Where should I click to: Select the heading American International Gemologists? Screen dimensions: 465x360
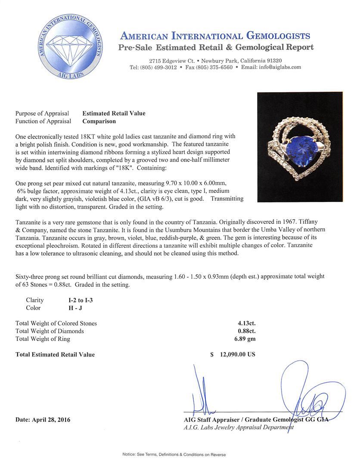tap(215, 36)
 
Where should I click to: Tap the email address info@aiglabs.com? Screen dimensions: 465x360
tap(277, 68)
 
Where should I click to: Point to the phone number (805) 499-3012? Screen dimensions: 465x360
tap(153, 68)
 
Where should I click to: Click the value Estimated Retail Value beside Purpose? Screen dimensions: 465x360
tap(114, 114)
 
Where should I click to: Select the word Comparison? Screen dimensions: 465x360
tap(99, 121)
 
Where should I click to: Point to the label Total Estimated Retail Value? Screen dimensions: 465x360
tap(55, 355)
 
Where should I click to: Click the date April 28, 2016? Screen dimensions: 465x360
tap(43, 420)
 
